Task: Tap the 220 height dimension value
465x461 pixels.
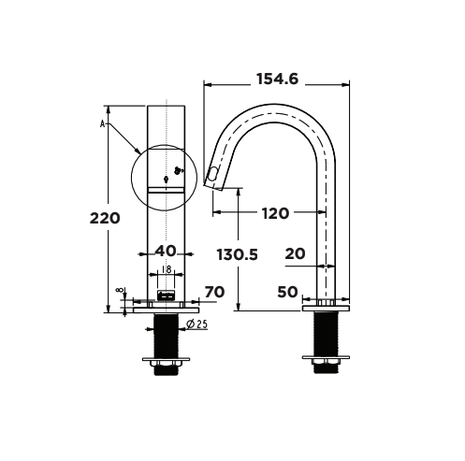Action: click(105, 219)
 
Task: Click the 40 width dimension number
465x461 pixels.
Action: click(165, 251)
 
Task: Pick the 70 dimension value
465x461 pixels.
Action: click(214, 293)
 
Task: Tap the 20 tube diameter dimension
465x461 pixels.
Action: click(295, 252)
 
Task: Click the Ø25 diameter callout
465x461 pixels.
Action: click(196, 324)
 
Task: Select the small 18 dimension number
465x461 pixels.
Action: click(167, 270)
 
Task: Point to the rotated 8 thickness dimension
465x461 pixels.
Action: click(120, 292)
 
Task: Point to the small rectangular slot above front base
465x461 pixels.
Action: click(167, 295)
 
